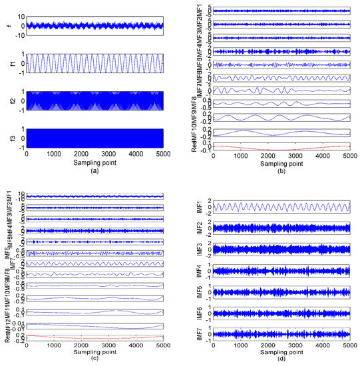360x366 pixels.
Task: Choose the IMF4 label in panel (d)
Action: [200, 271]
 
